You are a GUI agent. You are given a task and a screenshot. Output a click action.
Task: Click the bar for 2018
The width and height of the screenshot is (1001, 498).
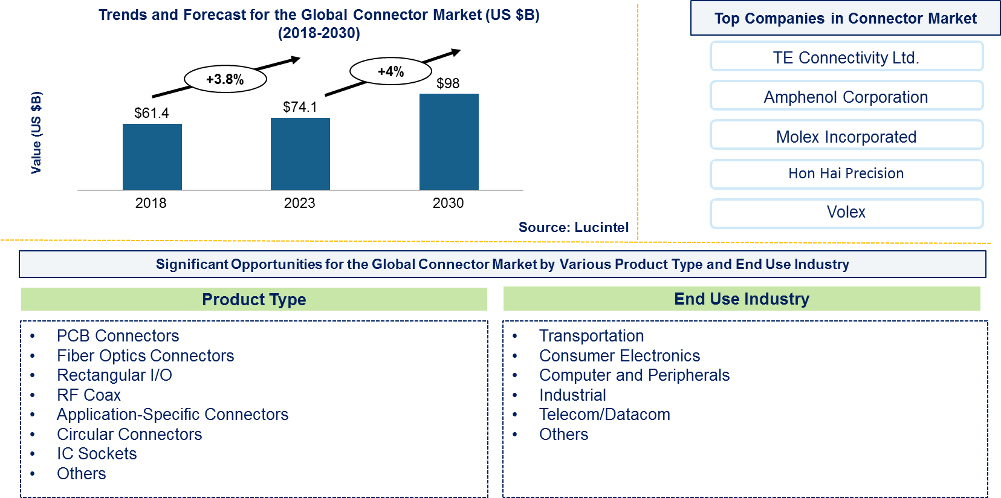pyautogui.click(x=152, y=157)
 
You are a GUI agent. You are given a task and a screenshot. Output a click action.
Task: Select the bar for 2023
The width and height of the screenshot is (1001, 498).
pyautogui.click(x=300, y=154)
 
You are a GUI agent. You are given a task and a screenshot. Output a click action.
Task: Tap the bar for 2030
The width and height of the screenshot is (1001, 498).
pyautogui.click(x=449, y=142)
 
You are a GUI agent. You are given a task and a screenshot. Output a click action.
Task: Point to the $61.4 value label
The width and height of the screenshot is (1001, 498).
pyautogui.click(x=152, y=113)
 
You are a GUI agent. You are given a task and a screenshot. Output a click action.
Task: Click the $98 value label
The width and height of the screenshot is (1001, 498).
pyautogui.click(x=448, y=83)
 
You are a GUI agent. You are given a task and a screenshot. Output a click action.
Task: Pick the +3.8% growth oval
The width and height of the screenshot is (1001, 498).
pyautogui.click(x=225, y=80)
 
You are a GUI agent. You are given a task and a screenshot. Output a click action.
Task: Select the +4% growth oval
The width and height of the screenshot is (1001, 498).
pyautogui.click(x=390, y=71)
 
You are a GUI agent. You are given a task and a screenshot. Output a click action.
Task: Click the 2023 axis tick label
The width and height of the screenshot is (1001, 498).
pyautogui.click(x=299, y=203)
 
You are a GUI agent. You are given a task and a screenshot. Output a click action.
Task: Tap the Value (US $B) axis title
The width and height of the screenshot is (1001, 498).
pyautogui.click(x=36, y=132)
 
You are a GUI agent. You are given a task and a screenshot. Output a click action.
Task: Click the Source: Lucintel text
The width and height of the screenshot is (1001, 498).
pyautogui.click(x=574, y=227)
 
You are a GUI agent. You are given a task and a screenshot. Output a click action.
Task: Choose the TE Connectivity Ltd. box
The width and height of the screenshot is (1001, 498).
pyautogui.click(x=846, y=56)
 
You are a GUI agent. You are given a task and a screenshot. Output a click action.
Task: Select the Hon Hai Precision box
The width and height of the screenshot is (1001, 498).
pyautogui.click(x=846, y=173)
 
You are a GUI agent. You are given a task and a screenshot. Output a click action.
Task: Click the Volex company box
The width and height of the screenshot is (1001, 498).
pyautogui.click(x=846, y=213)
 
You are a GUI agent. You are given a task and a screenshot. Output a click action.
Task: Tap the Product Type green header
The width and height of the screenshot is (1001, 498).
pyautogui.click(x=254, y=299)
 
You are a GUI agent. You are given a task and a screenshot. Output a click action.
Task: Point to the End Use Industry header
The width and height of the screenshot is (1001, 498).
pyautogui.click(x=742, y=299)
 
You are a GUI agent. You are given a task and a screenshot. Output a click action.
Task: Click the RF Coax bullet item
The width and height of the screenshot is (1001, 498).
pyautogui.click(x=88, y=395)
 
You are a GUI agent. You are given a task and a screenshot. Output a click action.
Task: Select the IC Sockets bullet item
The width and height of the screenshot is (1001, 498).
pyautogui.click(x=97, y=454)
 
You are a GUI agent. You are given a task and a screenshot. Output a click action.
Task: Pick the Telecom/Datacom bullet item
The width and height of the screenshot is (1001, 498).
pyautogui.click(x=604, y=415)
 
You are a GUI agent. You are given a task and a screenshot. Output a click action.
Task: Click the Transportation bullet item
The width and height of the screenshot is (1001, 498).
pyautogui.click(x=591, y=336)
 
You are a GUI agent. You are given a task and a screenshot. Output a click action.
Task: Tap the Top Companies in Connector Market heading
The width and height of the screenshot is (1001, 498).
pyautogui.click(x=846, y=18)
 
